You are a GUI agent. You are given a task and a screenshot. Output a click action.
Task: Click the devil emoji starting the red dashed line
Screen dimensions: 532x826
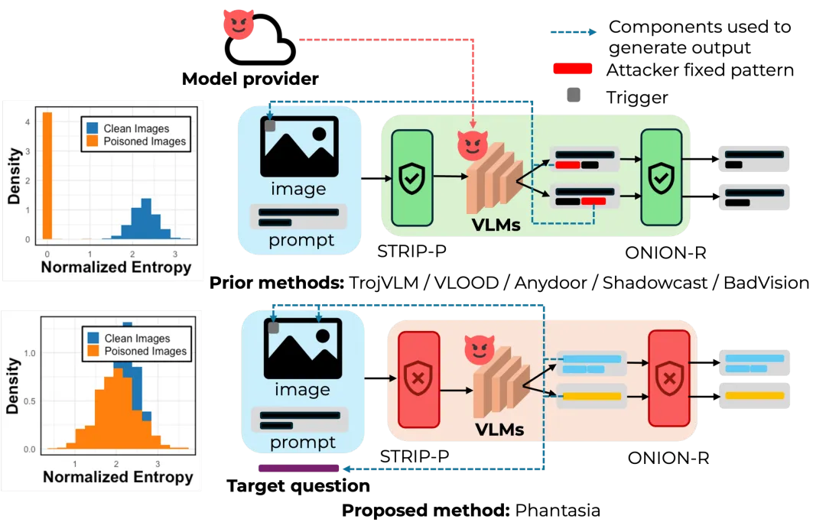(238, 24)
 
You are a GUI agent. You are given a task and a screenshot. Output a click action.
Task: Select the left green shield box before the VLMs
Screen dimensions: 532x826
(411, 179)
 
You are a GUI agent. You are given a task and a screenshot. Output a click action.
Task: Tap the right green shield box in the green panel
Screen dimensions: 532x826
(661, 177)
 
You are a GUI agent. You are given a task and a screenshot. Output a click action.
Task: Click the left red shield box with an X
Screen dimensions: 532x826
(419, 379)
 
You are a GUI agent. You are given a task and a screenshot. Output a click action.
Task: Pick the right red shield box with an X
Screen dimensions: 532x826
(668, 378)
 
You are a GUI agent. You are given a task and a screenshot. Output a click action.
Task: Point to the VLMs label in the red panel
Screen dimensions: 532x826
(500, 429)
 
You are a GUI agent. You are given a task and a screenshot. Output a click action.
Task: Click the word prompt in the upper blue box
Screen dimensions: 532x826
(301, 241)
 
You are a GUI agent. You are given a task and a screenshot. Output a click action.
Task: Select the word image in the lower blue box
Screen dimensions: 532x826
(302, 390)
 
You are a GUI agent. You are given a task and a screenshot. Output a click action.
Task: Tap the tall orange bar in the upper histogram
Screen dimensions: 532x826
(47, 176)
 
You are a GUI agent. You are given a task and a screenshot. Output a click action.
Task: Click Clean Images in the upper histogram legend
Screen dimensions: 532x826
(136, 128)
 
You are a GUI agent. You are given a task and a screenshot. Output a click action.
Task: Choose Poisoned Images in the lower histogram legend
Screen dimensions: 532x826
(145, 351)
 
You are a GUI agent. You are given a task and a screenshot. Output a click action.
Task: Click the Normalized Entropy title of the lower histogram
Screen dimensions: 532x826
(117, 477)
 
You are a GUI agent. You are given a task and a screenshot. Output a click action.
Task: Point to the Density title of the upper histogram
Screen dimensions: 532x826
(14, 177)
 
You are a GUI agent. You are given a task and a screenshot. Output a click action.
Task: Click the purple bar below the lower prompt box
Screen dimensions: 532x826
(298, 469)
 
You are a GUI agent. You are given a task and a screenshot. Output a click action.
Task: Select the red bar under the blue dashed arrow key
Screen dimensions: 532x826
(572, 69)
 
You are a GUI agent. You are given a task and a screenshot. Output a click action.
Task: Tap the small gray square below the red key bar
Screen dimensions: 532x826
(572, 95)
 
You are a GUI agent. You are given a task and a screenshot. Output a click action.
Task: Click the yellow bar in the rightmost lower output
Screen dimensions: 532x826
(755, 395)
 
